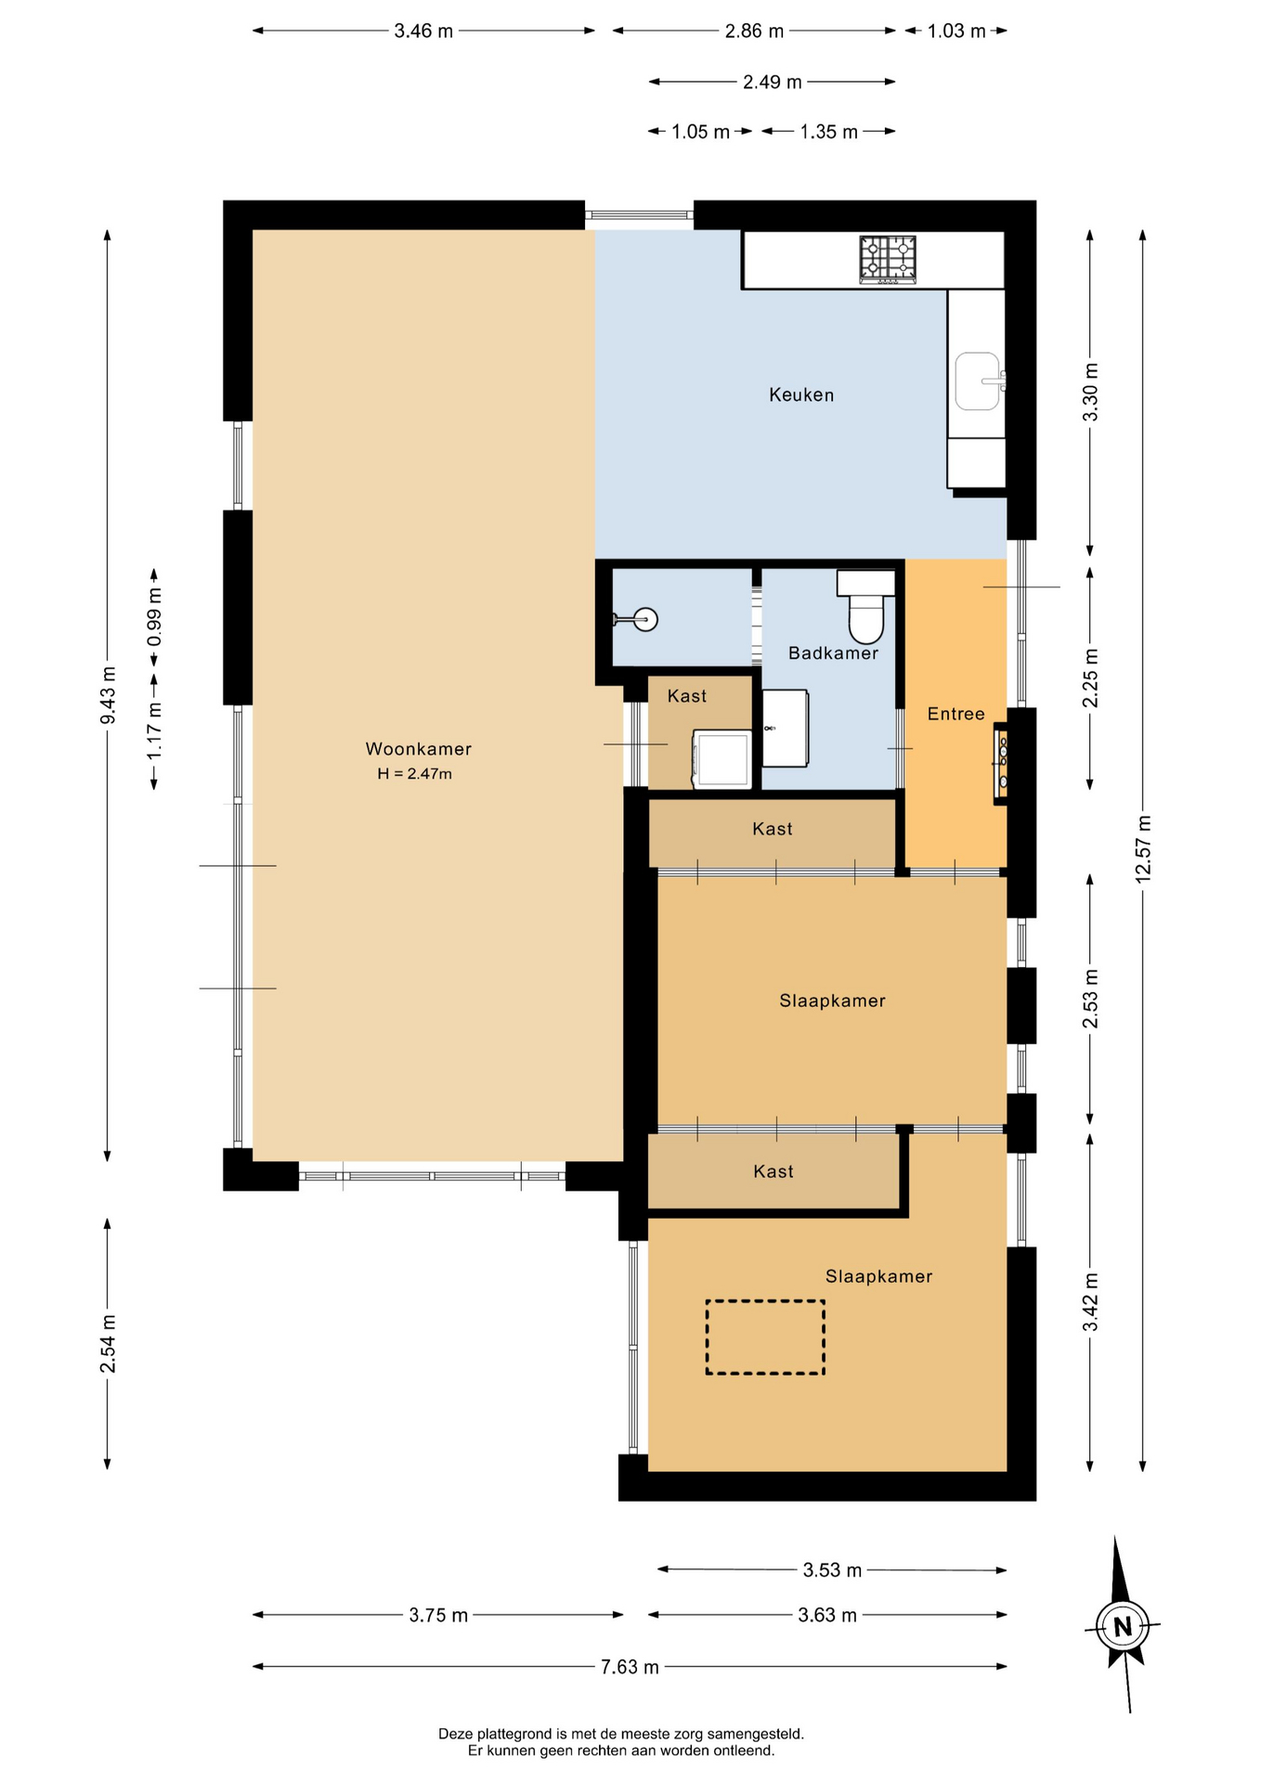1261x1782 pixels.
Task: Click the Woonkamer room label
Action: tap(418, 749)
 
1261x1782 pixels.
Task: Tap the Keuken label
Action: tap(801, 395)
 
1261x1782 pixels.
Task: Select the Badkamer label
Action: tap(833, 653)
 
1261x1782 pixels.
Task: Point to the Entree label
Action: tap(955, 714)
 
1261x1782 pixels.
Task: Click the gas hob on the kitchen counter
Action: tap(887, 260)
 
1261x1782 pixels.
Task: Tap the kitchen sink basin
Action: tap(978, 381)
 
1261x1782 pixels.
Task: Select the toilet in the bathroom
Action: tap(866, 607)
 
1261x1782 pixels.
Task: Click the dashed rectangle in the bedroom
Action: tap(765, 1337)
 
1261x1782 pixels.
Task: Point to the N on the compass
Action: tap(1123, 1627)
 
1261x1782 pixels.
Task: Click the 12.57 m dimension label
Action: tap(1143, 848)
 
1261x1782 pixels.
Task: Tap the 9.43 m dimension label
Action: tap(108, 695)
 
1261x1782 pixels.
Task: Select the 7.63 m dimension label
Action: tap(630, 1667)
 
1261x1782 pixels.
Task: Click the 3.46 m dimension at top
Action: tap(423, 31)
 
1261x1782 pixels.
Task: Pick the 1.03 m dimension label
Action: tap(956, 31)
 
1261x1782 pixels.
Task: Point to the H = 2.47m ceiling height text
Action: tap(414, 774)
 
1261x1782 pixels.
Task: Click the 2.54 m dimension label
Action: tap(108, 1344)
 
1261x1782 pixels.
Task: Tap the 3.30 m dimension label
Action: tap(1090, 392)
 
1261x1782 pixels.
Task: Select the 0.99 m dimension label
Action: tap(154, 617)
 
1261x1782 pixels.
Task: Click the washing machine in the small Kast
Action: tap(721, 760)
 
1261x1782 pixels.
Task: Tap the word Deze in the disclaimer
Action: tap(455, 1734)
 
